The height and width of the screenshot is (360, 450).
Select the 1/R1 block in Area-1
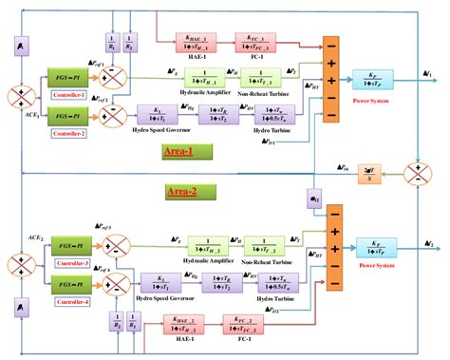point(112,45)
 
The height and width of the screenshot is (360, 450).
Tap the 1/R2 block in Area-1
point(132,45)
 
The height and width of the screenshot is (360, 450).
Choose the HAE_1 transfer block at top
point(197,43)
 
